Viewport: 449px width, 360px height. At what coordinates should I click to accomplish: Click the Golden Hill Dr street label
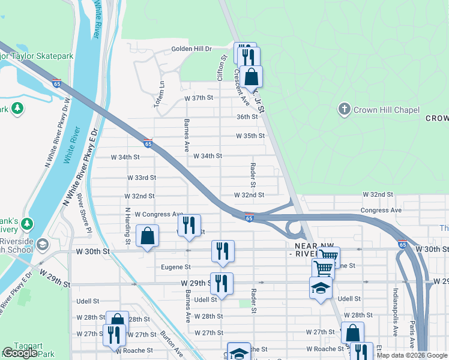click(192, 49)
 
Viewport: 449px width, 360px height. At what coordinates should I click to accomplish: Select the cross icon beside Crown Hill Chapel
click(345, 109)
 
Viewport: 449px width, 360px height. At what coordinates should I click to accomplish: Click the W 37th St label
click(200, 98)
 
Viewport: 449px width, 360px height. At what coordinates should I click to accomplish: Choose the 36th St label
click(247, 117)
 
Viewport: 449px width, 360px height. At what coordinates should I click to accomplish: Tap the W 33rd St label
click(142, 178)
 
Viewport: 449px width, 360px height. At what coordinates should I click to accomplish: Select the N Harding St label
click(127, 226)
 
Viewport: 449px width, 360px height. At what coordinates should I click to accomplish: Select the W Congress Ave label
click(159, 214)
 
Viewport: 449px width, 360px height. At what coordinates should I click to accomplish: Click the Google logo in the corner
click(20, 353)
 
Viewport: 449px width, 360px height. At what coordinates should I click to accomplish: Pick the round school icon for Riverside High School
click(43, 244)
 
